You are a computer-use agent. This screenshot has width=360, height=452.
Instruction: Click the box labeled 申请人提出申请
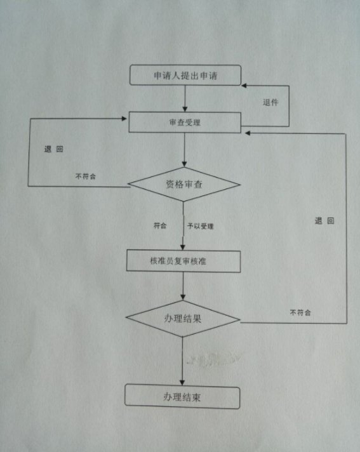[185, 76]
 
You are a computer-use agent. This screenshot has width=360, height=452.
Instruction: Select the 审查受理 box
[185, 123]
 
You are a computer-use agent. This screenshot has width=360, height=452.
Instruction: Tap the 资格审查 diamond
[184, 184]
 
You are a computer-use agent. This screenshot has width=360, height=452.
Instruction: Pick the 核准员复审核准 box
[183, 261]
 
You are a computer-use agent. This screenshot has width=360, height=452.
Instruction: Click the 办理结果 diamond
[183, 319]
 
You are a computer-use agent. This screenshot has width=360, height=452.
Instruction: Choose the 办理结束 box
[182, 397]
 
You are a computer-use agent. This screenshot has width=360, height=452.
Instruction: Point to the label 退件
[270, 102]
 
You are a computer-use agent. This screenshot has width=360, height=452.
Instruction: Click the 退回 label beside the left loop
[53, 149]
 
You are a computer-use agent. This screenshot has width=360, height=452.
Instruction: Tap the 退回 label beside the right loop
[324, 221]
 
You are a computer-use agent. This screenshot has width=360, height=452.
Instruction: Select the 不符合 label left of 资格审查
[86, 176]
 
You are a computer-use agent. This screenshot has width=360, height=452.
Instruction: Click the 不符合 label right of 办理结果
[300, 312]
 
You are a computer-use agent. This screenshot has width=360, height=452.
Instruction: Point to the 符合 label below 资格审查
[160, 225]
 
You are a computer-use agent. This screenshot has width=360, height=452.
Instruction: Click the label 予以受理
[201, 226]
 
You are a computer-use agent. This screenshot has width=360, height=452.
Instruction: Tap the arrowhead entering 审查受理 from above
[185, 109]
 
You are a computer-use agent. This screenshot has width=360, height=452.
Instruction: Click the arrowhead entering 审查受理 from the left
[124, 119]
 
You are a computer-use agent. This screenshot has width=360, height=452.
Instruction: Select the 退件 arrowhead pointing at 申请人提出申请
[244, 86]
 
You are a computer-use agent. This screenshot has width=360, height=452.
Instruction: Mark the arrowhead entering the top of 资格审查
[185, 164]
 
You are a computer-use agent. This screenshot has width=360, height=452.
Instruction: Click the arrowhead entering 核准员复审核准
[183, 247]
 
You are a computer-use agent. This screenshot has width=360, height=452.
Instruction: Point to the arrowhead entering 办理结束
[182, 382]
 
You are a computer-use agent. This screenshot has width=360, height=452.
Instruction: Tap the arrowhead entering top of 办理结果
[183, 297]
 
